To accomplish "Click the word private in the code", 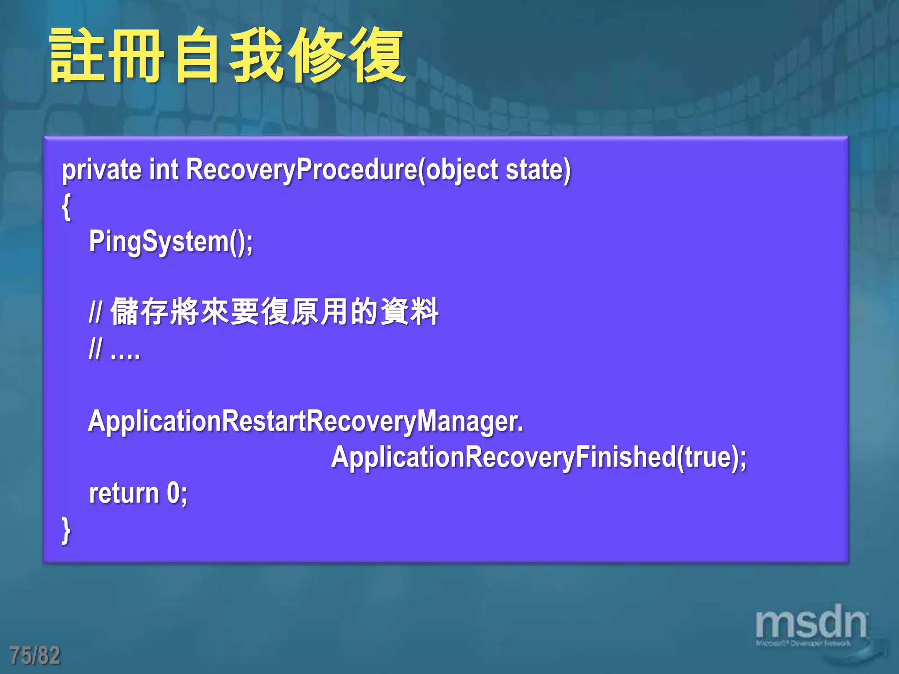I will click(101, 170).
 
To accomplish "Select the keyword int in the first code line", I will click(164, 170).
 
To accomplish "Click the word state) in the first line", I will click(538, 170).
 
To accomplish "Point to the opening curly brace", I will click(66, 207).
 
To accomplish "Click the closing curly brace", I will click(66, 531).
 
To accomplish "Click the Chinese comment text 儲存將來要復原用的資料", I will click(274, 312).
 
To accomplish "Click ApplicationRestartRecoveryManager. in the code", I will click(306, 421).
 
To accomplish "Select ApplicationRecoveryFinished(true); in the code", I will click(539, 457).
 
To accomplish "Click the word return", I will click(124, 493).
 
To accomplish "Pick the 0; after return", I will click(177, 493).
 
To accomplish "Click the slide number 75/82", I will click(35, 655).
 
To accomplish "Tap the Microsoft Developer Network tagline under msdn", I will click(803, 644).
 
